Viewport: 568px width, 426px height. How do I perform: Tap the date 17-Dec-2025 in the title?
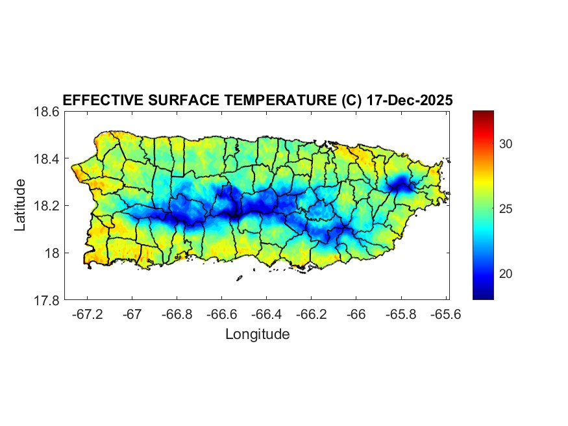tap(409, 101)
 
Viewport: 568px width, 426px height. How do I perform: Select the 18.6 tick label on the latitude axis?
tap(47, 112)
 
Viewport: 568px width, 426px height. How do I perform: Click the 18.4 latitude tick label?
tap(47, 159)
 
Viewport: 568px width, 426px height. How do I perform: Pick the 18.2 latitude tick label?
tap(47, 206)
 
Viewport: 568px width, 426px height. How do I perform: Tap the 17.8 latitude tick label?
tap(47, 301)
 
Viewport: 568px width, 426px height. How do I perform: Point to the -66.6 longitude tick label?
tap(221, 315)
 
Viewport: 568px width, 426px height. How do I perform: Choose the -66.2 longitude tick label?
tap(311, 315)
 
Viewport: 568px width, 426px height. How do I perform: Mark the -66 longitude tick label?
tap(356, 315)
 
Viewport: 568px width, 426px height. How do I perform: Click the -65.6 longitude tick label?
tap(445, 315)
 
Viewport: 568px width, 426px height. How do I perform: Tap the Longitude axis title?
tap(257, 334)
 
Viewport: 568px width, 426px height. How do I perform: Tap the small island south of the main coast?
tap(239, 278)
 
